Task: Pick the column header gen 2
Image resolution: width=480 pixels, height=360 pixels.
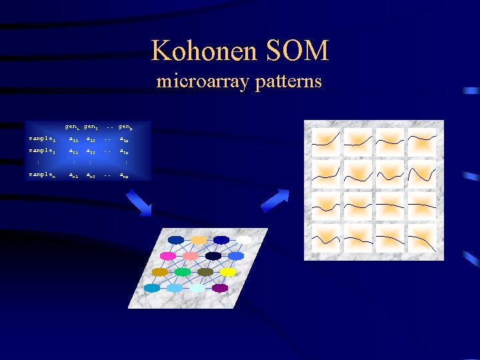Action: (x=91, y=127)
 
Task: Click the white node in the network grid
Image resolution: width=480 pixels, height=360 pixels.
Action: (x=245, y=240)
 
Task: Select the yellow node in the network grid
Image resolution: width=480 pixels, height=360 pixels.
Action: (x=228, y=272)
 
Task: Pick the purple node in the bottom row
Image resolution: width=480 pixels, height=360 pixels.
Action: (x=220, y=288)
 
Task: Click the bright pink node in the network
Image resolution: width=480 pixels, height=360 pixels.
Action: (x=168, y=256)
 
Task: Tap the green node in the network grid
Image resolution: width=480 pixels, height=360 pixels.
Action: (x=183, y=272)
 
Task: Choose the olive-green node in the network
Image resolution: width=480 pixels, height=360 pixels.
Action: (x=205, y=272)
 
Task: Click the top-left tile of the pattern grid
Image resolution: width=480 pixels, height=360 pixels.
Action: (x=326, y=141)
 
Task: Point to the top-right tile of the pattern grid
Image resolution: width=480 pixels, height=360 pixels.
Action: (x=422, y=141)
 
